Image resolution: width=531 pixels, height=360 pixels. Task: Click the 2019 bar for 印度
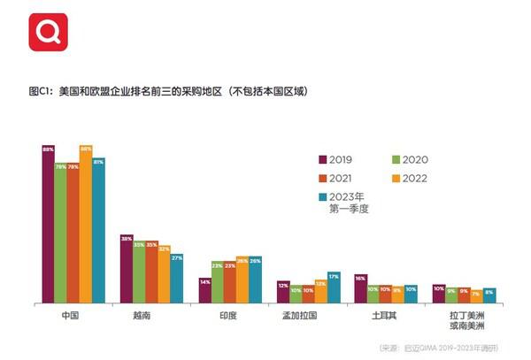click(x=204, y=291)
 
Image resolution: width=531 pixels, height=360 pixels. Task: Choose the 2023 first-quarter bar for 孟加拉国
click(x=334, y=287)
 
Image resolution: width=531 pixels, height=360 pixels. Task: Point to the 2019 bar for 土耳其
click(x=360, y=288)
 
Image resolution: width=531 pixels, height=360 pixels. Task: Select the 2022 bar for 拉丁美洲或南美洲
click(x=476, y=296)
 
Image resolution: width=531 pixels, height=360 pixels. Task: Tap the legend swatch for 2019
click(x=324, y=159)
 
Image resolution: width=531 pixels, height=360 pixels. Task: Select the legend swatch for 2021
click(x=324, y=177)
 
